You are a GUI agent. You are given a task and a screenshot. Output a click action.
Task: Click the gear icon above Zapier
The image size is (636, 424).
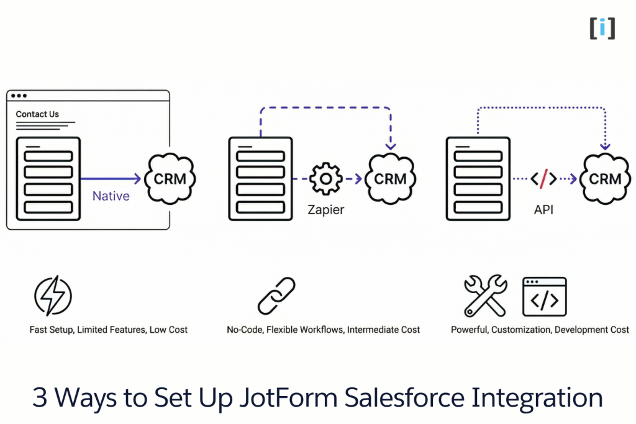[325, 179]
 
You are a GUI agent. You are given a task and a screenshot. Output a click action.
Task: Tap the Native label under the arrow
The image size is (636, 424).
[111, 196]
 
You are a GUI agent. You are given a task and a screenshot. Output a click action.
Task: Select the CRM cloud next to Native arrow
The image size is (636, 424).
[170, 179]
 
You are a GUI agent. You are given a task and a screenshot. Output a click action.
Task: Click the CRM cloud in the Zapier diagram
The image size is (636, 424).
[390, 179]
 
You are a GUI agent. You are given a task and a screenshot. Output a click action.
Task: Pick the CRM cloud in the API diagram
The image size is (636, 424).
[605, 179]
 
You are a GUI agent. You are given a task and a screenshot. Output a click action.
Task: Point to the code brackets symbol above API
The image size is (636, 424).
[543, 179]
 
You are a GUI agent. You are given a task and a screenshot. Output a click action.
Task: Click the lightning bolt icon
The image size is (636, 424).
[53, 295]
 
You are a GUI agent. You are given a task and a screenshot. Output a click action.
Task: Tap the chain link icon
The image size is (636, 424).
[276, 295]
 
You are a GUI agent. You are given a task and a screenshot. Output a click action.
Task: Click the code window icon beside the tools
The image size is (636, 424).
[544, 297]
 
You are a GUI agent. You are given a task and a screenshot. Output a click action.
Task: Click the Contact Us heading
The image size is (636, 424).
[37, 114]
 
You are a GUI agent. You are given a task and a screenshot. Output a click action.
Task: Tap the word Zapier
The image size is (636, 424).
[325, 210]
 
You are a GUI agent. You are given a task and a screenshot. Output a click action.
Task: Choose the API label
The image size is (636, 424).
[543, 210]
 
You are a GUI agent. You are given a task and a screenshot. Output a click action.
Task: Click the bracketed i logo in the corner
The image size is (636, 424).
[602, 28]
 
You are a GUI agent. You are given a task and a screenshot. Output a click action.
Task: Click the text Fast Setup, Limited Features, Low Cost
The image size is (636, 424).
[108, 330]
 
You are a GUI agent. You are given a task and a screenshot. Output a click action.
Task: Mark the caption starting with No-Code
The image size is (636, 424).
[323, 330]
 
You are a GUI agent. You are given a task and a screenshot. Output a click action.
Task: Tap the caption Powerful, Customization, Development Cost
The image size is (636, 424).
[540, 330]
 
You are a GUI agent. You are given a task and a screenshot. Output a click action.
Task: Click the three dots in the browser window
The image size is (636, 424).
[19, 96]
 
